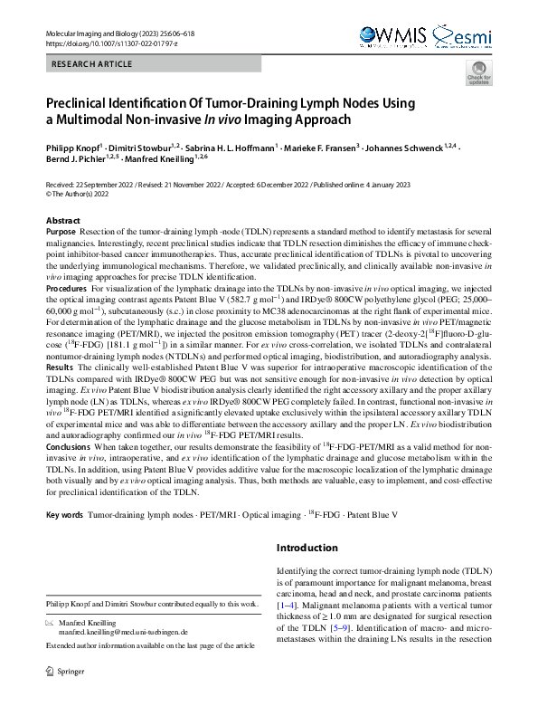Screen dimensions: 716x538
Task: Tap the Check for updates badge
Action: tap(478, 75)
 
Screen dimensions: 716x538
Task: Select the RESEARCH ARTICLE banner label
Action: tap(93, 64)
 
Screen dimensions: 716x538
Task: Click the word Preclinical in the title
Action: tap(80, 103)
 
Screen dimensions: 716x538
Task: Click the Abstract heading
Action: tap(62, 221)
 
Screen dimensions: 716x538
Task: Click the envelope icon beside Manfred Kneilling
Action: tap(49, 623)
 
